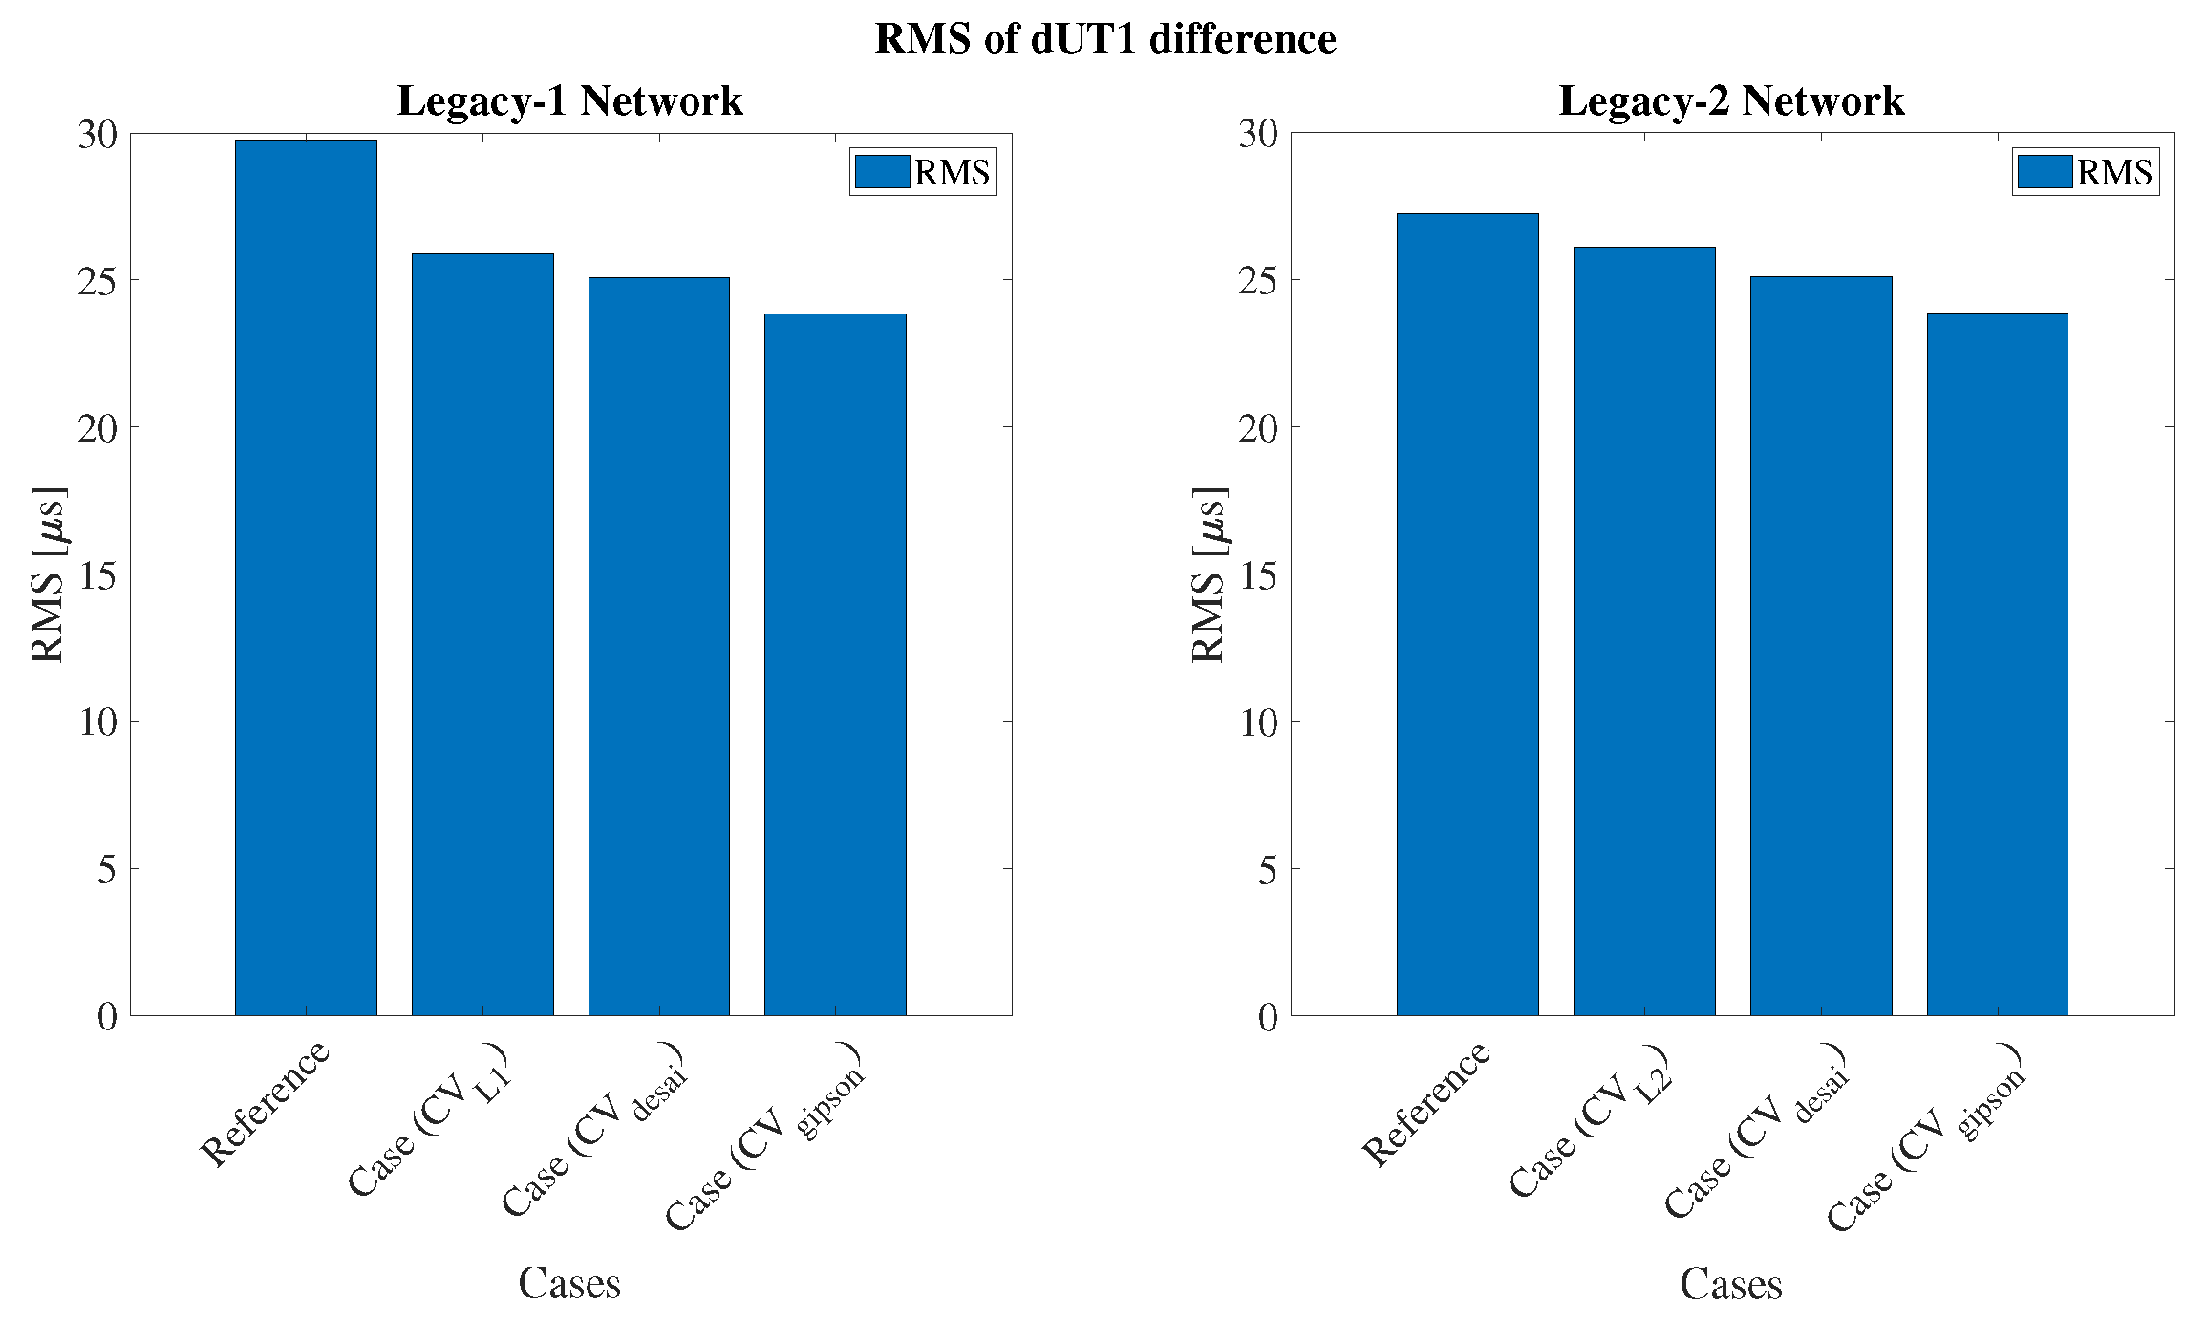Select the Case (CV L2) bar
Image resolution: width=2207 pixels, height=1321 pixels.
point(1644,631)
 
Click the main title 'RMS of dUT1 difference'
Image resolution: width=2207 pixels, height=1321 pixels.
point(1105,39)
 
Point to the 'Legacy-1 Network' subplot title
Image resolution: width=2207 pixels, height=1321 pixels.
point(569,100)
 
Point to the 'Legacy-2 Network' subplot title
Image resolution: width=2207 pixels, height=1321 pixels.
point(1731,100)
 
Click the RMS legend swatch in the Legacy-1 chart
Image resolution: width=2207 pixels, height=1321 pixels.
point(882,172)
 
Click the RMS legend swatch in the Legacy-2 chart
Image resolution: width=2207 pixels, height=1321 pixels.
point(2045,172)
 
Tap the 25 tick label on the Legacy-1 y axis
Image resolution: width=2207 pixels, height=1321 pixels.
point(97,281)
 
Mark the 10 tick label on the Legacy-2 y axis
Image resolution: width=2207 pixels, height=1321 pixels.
point(1259,723)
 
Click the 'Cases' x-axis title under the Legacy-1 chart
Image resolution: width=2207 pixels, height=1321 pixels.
point(569,1283)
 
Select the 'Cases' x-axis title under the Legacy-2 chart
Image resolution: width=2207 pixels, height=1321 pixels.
point(1731,1283)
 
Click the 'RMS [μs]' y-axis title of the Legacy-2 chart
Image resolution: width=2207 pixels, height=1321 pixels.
point(1210,574)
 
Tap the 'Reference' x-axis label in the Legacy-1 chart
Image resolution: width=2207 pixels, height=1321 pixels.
point(266,1103)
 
